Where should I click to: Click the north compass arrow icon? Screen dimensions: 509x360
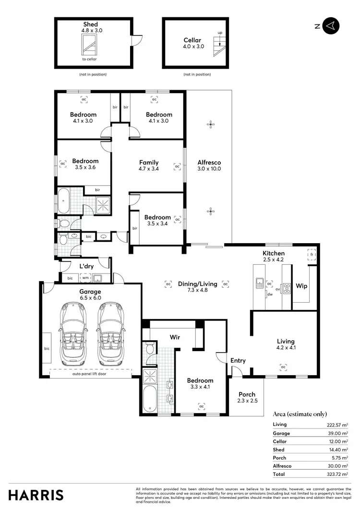[331, 26]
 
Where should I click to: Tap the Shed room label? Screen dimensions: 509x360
[91, 24]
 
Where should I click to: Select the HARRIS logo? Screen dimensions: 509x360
[36, 495]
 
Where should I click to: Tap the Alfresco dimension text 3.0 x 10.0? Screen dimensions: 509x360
[209, 169]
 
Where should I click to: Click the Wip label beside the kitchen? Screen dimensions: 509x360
[301, 286]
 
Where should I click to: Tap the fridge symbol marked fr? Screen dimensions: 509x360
[312, 255]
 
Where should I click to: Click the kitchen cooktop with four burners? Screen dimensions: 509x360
[287, 288]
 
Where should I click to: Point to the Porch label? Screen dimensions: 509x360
[247, 394]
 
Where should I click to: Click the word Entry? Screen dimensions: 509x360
[238, 361]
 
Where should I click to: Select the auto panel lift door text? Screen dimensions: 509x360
[89, 373]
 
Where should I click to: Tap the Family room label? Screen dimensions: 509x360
[149, 163]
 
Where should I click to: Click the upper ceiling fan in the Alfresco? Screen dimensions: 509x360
[210, 125]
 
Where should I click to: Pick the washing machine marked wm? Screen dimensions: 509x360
[85, 278]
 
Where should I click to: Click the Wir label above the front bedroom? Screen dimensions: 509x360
[175, 337]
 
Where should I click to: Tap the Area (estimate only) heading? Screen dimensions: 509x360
[300, 414]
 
